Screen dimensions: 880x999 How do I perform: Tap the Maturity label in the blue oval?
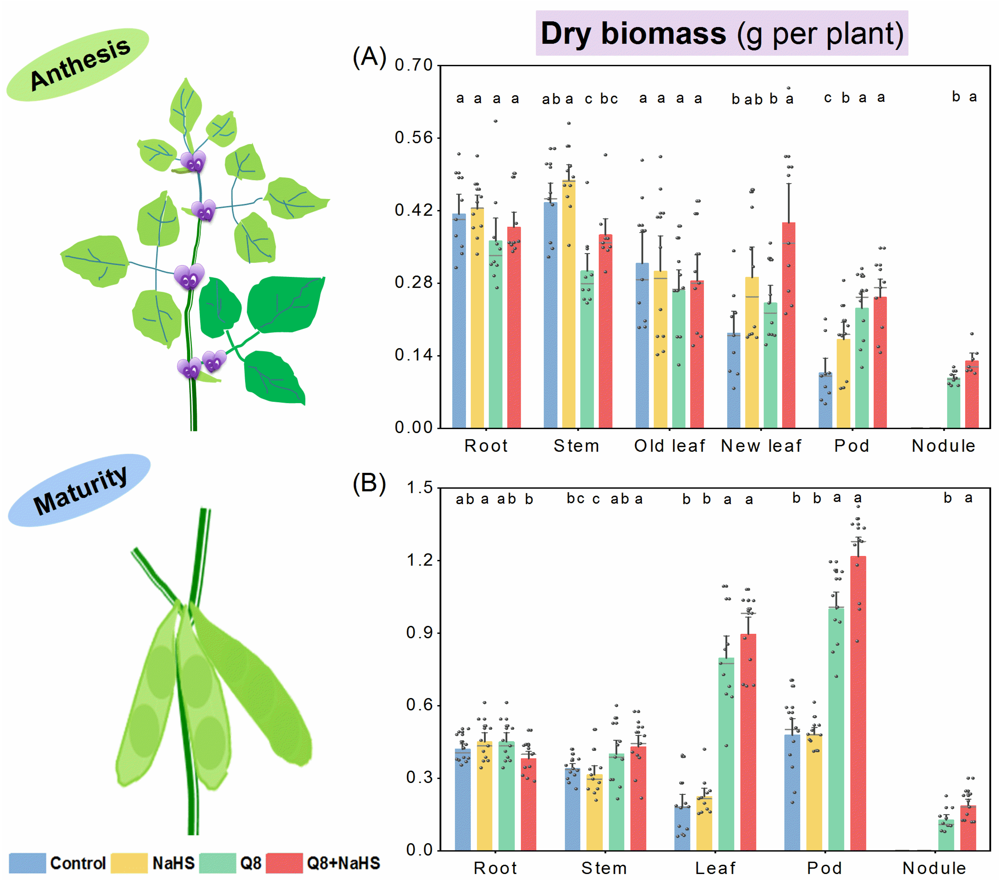coord(80,490)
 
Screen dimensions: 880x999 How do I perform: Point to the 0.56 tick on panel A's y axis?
coord(414,138)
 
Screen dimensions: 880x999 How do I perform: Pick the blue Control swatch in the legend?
coord(27,863)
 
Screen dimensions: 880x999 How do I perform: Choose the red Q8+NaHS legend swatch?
coord(284,863)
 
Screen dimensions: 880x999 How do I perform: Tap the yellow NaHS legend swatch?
coord(129,863)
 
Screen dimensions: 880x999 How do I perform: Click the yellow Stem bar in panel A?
coord(568,303)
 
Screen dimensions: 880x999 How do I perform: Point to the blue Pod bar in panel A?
coord(825,401)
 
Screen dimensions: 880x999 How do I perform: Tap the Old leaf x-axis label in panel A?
coord(669,446)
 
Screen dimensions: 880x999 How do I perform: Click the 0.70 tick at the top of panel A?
coord(414,65)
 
